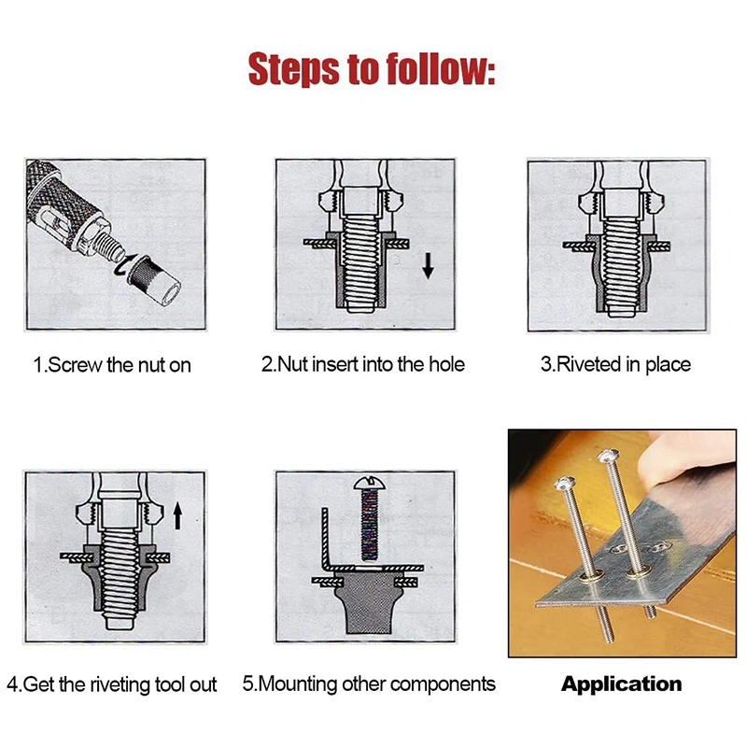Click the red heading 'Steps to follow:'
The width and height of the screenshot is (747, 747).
(x=372, y=69)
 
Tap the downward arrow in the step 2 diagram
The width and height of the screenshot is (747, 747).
(x=428, y=266)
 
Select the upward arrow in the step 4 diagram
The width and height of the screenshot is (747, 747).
(x=177, y=515)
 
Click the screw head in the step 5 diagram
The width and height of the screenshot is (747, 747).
(x=368, y=483)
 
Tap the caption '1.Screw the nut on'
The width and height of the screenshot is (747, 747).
(x=112, y=365)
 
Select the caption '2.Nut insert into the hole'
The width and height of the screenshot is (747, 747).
(x=363, y=364)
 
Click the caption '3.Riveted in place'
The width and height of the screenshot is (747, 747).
(x=615, y=364)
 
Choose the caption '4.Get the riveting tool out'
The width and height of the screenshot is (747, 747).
(x=112, y=684)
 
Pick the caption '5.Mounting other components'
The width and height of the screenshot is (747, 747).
(x=369, y=684)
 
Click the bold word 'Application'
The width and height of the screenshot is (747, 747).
(x=621, y=684)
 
